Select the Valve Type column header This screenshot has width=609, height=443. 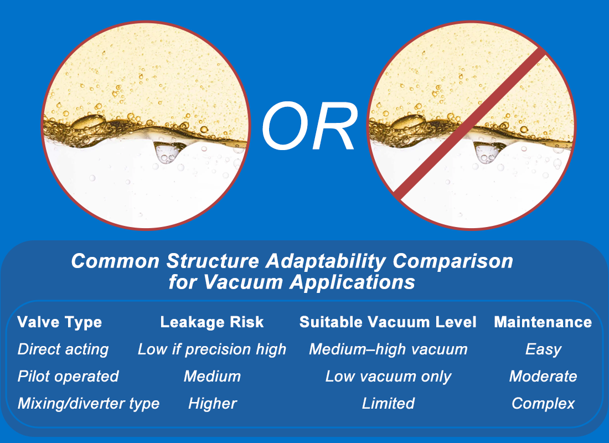pyautogui.click(x=59, y=322)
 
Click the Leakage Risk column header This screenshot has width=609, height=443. pyautogui.click(x=212, y=322)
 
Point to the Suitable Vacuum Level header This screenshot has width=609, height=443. pyautogui.click(x=388, y=322)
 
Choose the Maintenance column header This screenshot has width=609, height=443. pyautogui.click(x=543, y=322)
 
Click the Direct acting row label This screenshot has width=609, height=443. pyautogui.click(x=63, y=349)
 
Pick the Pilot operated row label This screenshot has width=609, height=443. pyautogui.click(x=68, y=377)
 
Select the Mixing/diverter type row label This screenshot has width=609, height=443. pyautogui.click(x=89, y=404)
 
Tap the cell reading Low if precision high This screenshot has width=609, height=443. pyautogui.click(x=212, y=349)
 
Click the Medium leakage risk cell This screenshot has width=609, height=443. pyautogui.click(x=212, y=377)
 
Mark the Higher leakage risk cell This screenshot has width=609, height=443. pyautogui.click(x=212, y=404)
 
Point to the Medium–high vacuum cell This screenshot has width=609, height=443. pyautogui.click(x=388, y=349)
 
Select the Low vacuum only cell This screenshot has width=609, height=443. pyautogui.click(x=388, y=377)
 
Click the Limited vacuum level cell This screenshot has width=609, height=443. pyautogui.click(x=388, y=404)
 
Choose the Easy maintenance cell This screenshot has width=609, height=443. pyautogui.click(x=543, y=349)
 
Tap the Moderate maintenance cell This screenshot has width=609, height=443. pyautogui.click(x=543, y=377)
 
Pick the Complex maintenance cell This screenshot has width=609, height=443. pyautogui.click(x=543, y=404)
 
